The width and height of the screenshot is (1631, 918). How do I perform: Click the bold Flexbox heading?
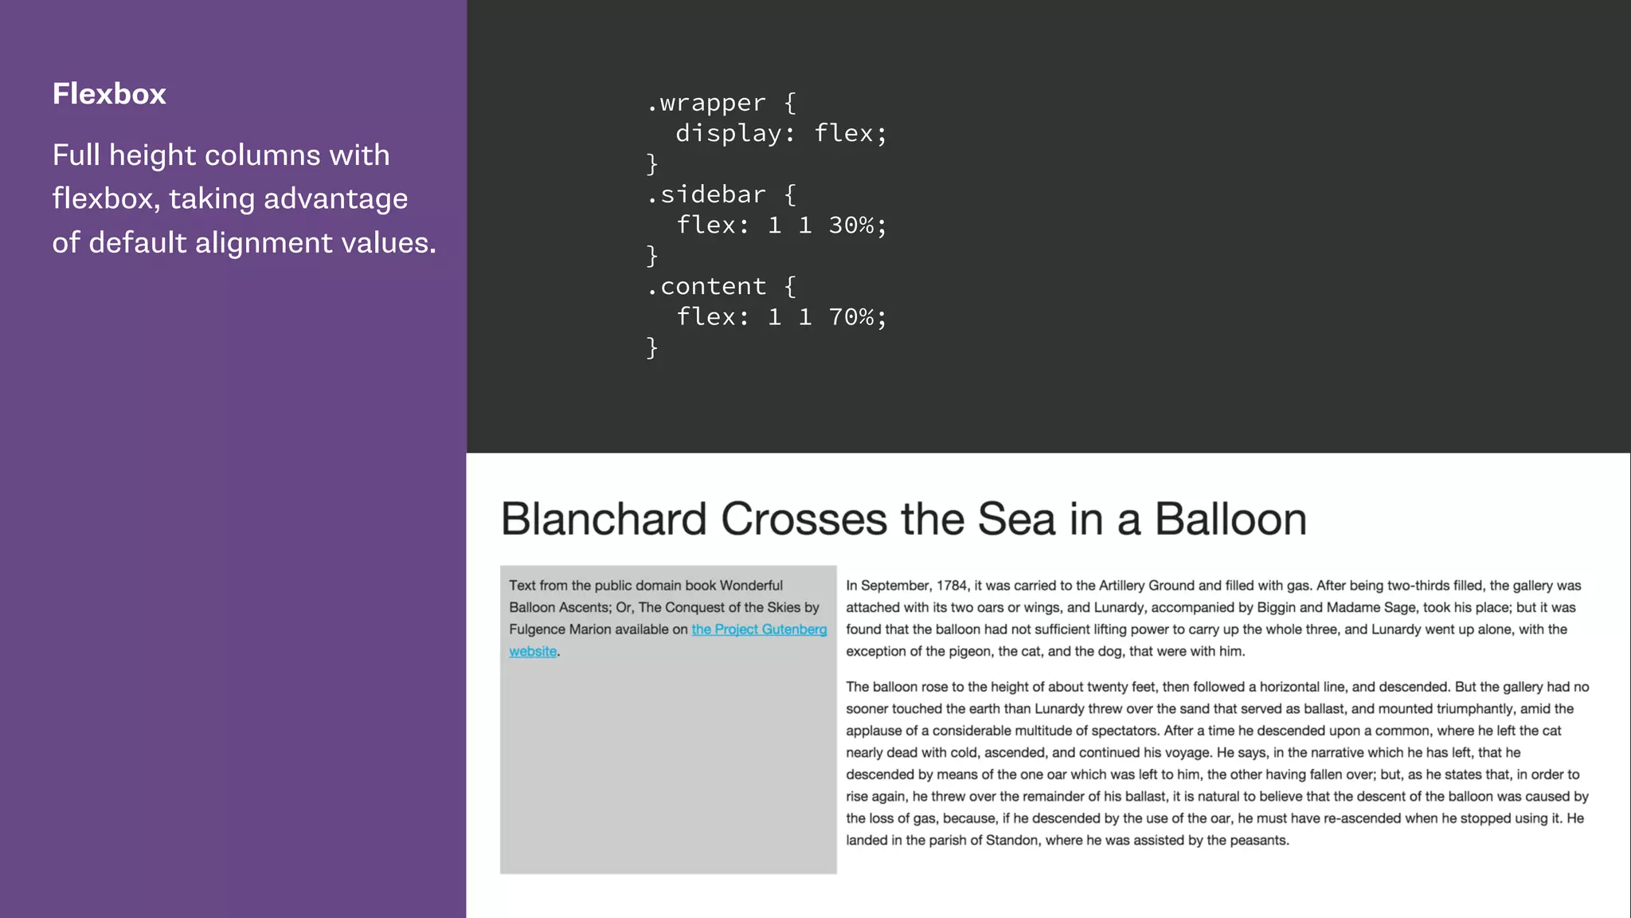(109, 94)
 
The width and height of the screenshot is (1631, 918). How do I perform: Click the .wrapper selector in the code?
(706, 103)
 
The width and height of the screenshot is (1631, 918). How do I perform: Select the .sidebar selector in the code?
(706, 194)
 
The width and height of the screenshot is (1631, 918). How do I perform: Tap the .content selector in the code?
(706, 286)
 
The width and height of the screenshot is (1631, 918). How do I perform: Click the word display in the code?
(728, 133)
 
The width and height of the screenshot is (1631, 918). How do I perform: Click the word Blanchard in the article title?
(604, 520)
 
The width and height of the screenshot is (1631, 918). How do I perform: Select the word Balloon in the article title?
(1230, 520)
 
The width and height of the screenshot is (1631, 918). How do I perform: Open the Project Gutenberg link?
(759, 630)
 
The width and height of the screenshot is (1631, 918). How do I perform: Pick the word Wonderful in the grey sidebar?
(751, 586)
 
